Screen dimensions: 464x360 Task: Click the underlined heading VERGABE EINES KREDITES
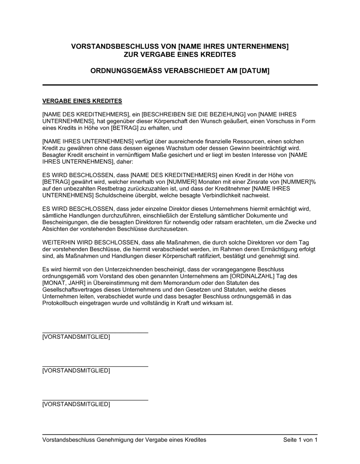pos(82,101)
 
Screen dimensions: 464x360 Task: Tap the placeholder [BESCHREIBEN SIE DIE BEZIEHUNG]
pos(193,114)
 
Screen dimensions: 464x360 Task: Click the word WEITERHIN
pos(57,242)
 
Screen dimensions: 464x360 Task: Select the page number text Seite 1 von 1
pos(300,440)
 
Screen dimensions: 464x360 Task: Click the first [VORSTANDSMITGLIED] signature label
pos(76,337)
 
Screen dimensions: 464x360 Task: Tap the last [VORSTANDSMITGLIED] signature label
pos(76,404)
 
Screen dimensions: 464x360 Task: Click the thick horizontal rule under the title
pos(180,85)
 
